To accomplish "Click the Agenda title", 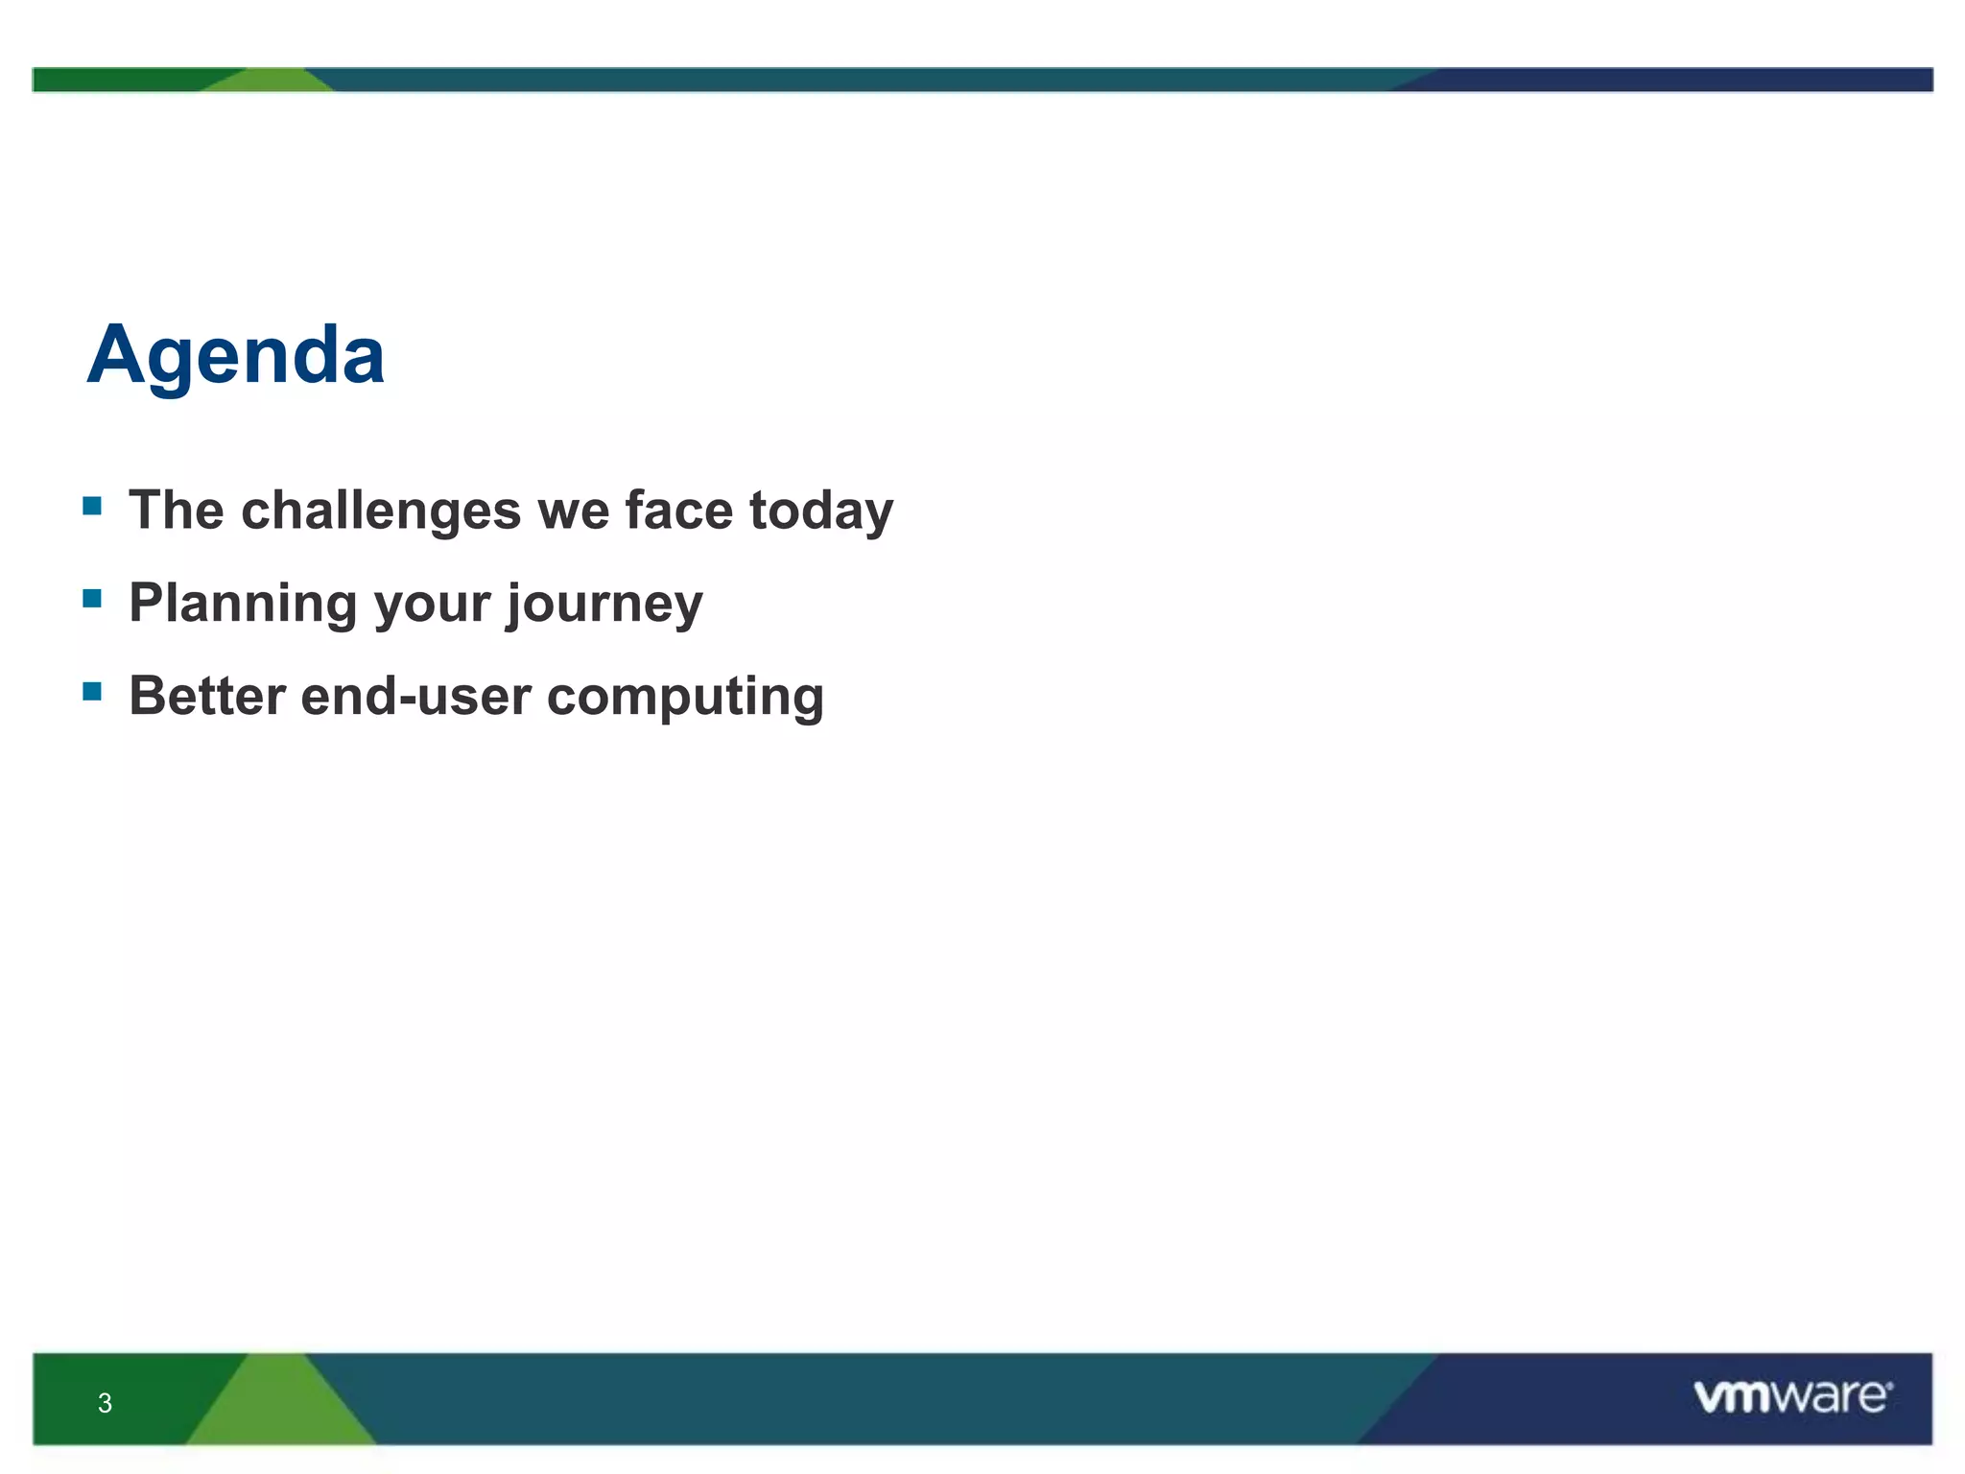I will pyautogui.click(x=236, y=356).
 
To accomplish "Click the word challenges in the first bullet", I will pyautogui.click(x=381, y=510).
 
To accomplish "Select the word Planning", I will pyautogui.click(x=243, y=604).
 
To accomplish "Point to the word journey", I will pyautogui.click(x=604, y=604).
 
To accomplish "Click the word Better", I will pyautogui.click(x=206, y=696).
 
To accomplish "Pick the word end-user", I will pyautogui.click(x=414, y=696).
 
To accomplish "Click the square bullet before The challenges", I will pyautogui.click(x=92, y=506).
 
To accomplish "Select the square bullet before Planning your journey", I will pyautogui.click(x=92, y=599).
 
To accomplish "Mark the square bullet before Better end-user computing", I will pyautogui.click(x=92, y=691).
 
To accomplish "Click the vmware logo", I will pyautogui.click(x=1792, y=1396).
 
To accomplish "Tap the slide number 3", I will pyautogui.click(x=105, y=1403).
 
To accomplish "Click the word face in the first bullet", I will pyautogui.click(x=677, y=510).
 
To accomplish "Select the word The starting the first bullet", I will pyautogui.click(x=176, y=510).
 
